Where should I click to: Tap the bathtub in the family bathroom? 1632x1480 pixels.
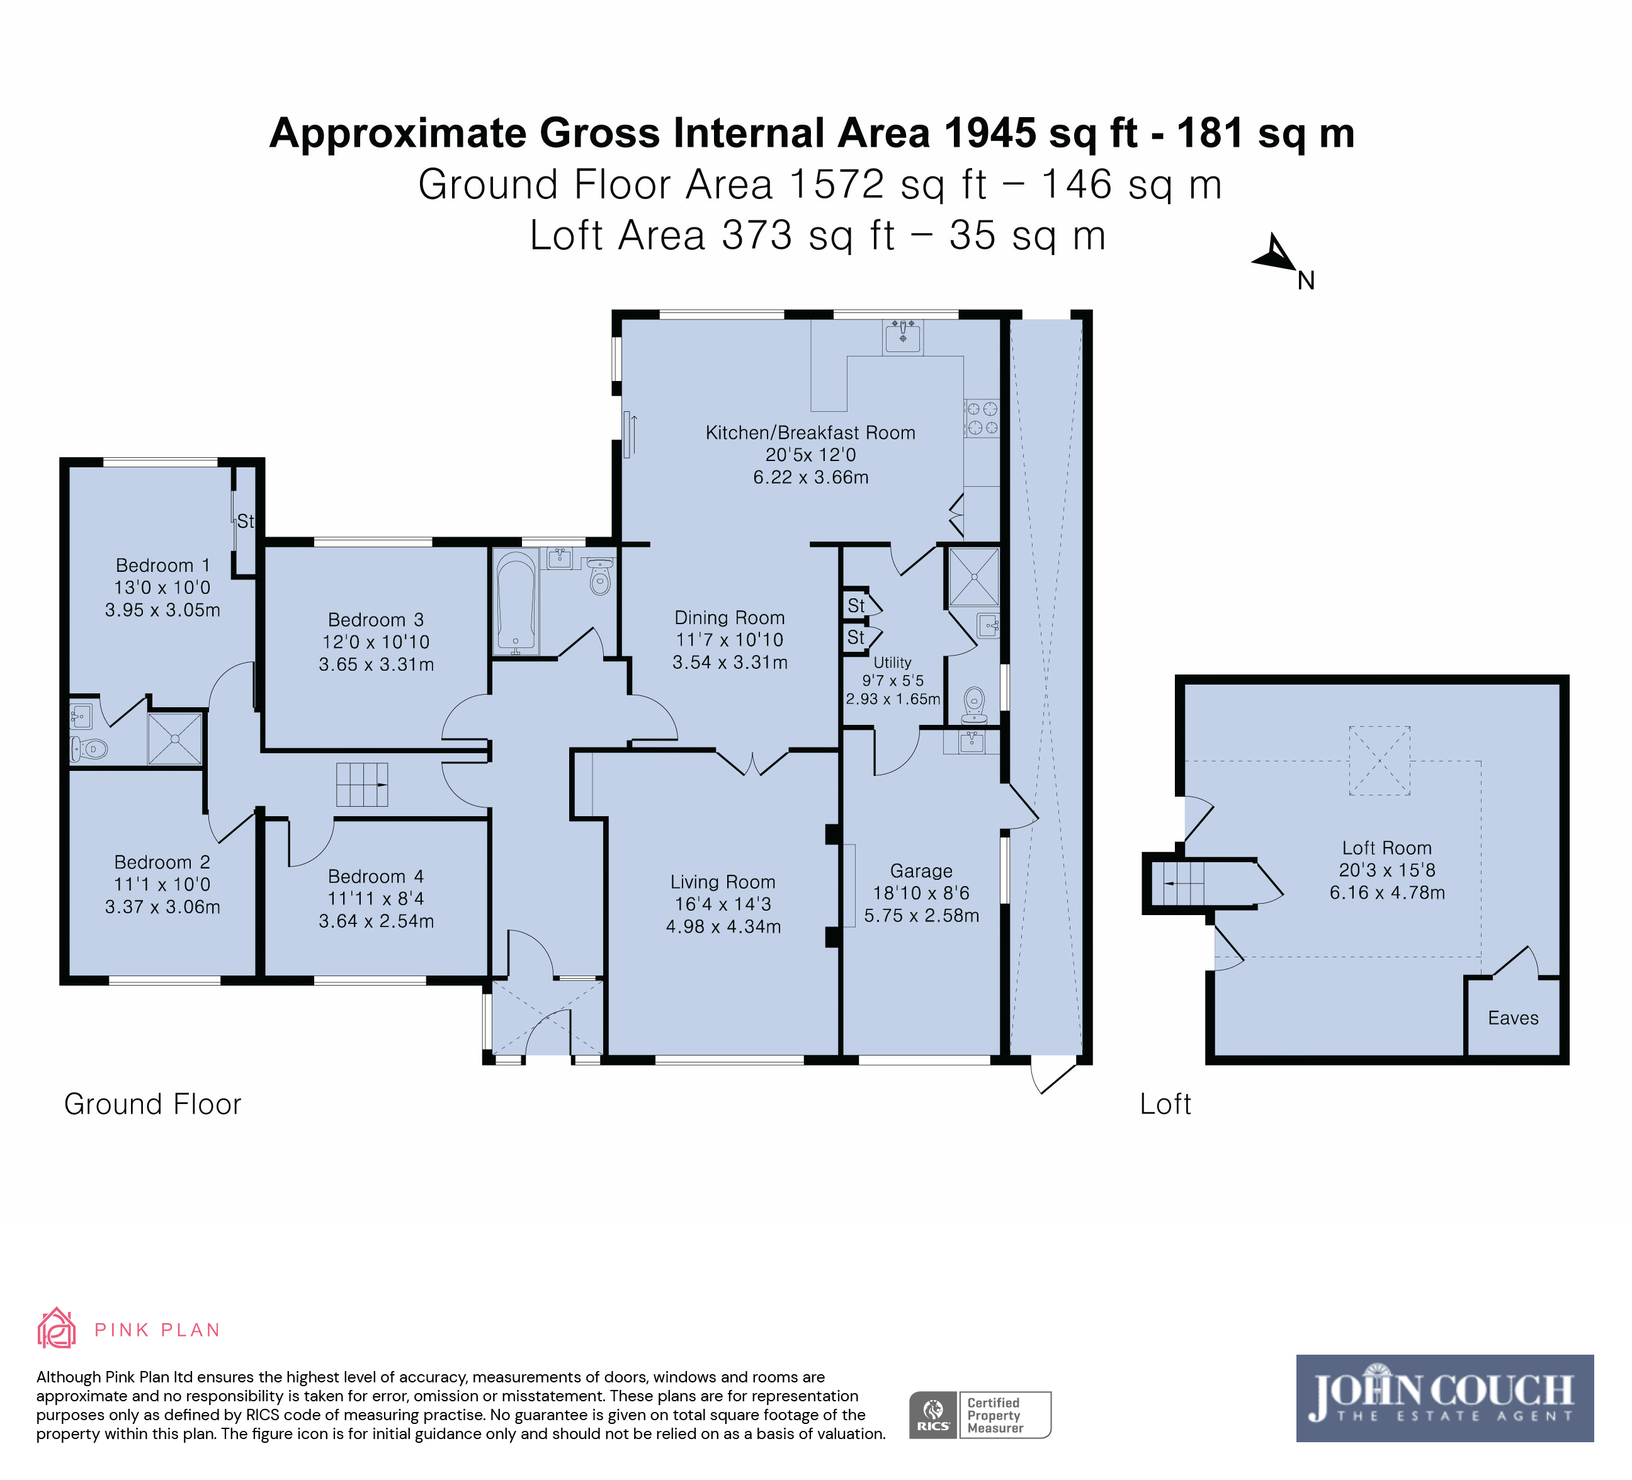tap(515, 601)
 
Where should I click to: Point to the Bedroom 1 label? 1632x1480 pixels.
tap(162, 565)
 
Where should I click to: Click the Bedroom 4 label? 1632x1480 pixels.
tap(376, 876)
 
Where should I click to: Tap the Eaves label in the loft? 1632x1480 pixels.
tap(1513, 1018)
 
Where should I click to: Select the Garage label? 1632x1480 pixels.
tap(921, 870)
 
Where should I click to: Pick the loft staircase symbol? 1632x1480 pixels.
tap(1178, 884)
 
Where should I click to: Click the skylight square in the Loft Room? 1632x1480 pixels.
tap(1380, 760)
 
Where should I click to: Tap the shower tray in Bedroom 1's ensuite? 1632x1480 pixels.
tap(174, 737)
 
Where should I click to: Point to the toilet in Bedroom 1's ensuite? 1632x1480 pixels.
tap(88, 748)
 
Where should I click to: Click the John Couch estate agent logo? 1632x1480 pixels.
tap(1445, 1398)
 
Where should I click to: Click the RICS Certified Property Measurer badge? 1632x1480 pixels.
tap(980, 1415)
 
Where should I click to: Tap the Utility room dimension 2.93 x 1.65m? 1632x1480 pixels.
tap(893, 698)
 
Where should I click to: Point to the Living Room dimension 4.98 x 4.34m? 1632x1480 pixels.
tap(723, 926)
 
